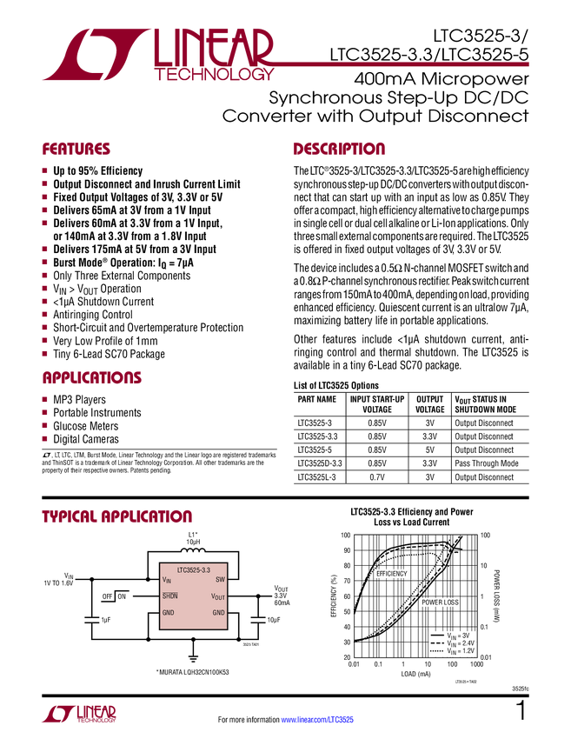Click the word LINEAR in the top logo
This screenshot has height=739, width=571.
214,47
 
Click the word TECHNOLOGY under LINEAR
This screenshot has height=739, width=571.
215,77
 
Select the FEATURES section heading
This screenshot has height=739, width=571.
76,150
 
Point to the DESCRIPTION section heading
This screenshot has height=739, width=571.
339,150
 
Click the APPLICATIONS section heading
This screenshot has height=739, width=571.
92,379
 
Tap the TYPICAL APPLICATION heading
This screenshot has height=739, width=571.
116,516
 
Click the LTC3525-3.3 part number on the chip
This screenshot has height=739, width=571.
193,569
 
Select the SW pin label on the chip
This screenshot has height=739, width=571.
220,580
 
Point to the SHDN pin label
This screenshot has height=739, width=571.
169,596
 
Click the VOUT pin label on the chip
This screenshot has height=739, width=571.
218,596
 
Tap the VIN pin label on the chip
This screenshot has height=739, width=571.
166,580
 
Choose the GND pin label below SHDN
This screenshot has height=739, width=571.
168,613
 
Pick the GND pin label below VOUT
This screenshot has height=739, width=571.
219,613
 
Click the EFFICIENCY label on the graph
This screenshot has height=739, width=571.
391,574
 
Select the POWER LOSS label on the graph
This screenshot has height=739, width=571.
440,603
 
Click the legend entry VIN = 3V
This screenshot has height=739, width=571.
457,636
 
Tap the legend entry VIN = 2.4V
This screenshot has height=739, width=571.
460,643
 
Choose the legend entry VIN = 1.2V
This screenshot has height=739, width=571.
460,651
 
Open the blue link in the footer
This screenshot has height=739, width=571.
318,719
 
